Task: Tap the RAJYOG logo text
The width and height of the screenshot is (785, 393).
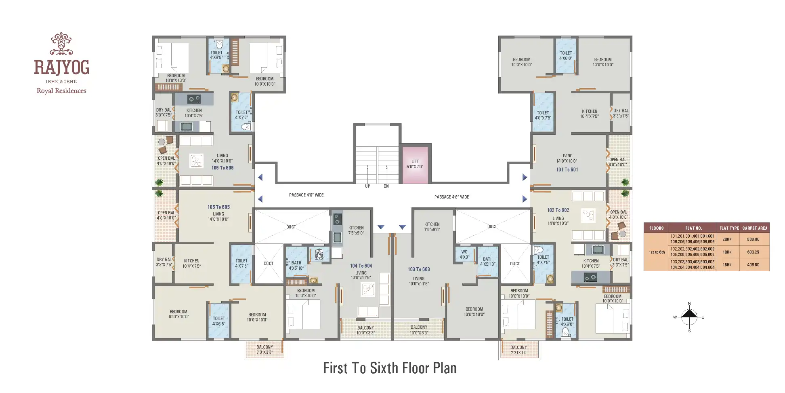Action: tap(61, 67)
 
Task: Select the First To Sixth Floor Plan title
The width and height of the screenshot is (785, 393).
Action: tap(390, 368)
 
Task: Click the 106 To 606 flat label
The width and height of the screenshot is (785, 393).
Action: tap(222, 168)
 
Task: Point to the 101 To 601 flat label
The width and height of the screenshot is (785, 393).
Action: tap(567, 170)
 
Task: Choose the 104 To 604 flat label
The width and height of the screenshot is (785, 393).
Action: tap(361, 266)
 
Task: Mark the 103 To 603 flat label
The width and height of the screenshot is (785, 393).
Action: tap(419, 269)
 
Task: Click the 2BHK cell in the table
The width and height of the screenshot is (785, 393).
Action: tap(727, 239)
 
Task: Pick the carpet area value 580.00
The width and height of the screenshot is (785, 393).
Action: tap(753, 239)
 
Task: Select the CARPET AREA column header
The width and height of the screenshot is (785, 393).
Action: tap(755, 228)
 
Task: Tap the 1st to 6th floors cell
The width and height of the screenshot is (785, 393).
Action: tap(657, 252)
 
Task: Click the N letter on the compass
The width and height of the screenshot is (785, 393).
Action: tap(689, 304)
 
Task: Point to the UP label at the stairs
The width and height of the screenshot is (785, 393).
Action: tap(367, 186)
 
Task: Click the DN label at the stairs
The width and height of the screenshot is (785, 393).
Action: tap(386, 186)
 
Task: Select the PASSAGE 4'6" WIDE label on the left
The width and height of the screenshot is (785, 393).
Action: tap(306, 195)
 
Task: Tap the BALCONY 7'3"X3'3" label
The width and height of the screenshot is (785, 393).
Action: tap(264, 350)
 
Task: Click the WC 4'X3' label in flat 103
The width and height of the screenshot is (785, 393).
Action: tap(464, 254)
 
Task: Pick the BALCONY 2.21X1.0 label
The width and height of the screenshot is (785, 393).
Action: tap(518, 350)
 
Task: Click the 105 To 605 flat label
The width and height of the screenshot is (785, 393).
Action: tap(218, 207)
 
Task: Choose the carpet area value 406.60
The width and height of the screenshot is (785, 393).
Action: tap(753, 265)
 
